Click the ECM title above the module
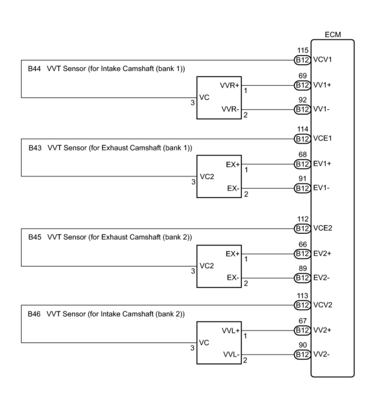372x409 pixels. [x=333, y=35]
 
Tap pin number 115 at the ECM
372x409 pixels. [x=303, y=51]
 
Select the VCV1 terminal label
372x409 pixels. [x=322, y=60]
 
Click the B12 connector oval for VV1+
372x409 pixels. [x=302, y=85]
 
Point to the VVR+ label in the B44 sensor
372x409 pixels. [x=229, y=85]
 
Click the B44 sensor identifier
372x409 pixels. [x=34, y=68]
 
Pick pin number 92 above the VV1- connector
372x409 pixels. [x=303, y=100]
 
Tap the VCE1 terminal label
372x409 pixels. [x=322, y=138]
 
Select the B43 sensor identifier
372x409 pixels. [x=35, y=148]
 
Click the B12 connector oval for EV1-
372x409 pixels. [x=302, y=188]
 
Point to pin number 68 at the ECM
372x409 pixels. [x=303, y=155]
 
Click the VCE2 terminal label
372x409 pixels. [x=323, y=228]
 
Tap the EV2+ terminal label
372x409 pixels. [x=322, y=254]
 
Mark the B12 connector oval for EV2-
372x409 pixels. [x=302, y=278]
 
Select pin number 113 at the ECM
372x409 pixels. [x=303, y=296]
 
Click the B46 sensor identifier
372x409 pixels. [x=34, y=314]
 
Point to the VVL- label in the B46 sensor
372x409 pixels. [x=231, y=355]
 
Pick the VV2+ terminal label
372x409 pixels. [x=322, y=330]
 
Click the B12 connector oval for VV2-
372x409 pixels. [x=302, y=355]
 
